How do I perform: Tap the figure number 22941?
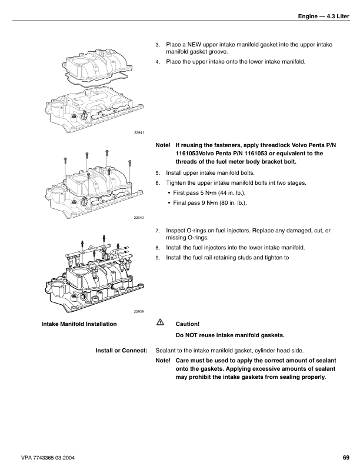[139, 132]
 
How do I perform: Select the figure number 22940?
[139, 218]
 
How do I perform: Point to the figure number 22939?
[139, 311]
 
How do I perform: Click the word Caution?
[188, 324]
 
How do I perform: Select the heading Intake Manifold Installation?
[79, 324]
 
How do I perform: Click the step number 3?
[157, 45]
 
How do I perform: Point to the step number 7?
[157, 231]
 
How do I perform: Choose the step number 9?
[157, 258]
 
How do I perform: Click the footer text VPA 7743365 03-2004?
[51, 457]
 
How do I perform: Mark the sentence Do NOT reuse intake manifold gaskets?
[230, 336]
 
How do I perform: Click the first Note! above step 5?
[163, 145]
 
